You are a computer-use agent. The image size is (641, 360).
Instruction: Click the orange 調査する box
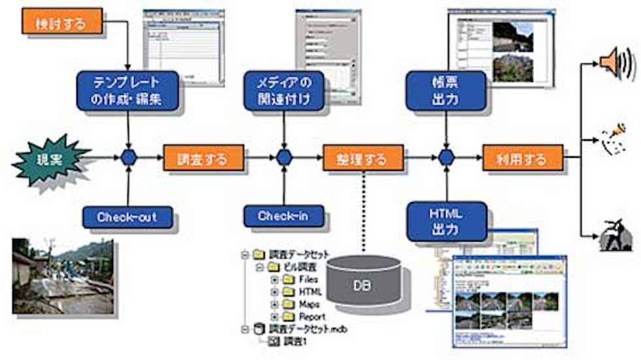coord(203,158)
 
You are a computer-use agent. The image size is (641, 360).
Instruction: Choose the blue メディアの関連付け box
coord(285,91)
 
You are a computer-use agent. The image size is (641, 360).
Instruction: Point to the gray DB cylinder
coord(363,282)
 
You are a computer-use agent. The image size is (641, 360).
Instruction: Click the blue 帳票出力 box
coord(446,91)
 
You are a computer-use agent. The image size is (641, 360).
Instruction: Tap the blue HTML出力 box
coord(446,221)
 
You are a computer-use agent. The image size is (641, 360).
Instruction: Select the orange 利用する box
coord(523,158)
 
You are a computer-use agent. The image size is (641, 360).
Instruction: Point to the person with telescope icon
coord(615,236)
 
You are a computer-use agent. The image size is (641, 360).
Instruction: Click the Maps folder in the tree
coord(304,304)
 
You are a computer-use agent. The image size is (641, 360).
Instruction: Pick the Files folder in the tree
coord(304,279)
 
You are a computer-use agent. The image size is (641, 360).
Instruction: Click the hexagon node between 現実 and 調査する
coord(129,158)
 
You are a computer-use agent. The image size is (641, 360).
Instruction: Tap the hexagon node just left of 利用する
coord(446,158)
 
